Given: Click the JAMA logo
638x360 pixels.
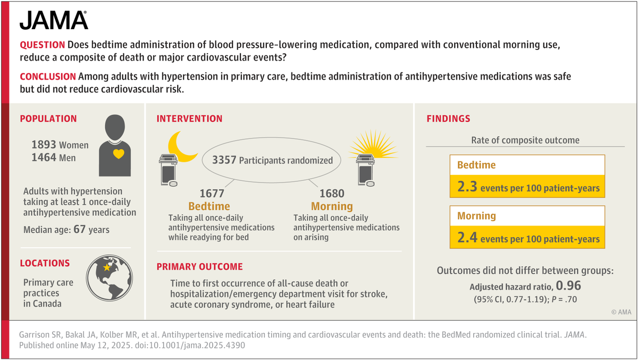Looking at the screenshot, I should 54,21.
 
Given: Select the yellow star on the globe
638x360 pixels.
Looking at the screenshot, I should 106,269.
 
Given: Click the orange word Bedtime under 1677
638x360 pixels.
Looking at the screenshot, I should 209,206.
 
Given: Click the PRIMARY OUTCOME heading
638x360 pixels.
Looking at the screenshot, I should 199,266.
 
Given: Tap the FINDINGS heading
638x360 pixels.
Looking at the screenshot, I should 448,119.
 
